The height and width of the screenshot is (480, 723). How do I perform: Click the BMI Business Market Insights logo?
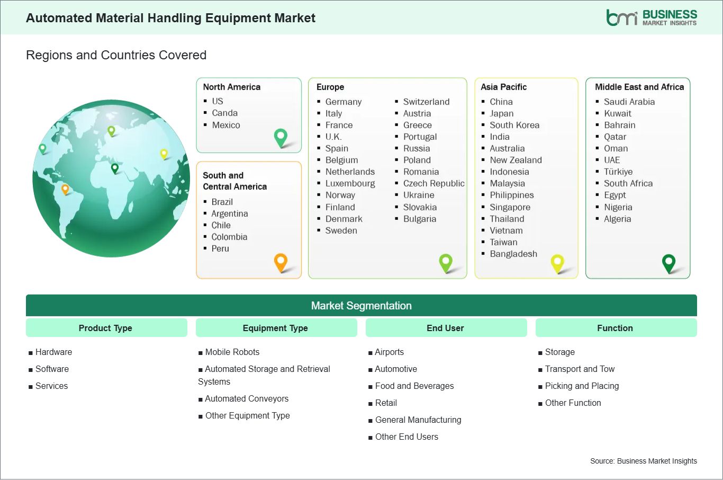point(651,17)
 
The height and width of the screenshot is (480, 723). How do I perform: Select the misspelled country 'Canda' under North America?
point(224,113)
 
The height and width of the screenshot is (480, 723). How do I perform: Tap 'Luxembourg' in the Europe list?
point(350,183)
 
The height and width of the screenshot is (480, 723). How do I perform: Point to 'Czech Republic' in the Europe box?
point(433,183)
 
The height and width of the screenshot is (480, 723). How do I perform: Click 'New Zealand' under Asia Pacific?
point(516,160)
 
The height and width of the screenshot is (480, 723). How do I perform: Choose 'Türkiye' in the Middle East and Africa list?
point(618,172)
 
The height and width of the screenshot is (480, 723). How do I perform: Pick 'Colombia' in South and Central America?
point(229,237)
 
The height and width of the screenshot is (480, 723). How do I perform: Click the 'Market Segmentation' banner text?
point(361,306)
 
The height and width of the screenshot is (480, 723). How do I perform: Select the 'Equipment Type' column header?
point(275,328)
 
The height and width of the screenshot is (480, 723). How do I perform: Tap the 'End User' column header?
point(445,328)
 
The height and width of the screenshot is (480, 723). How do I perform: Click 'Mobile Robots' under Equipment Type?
point(232,352)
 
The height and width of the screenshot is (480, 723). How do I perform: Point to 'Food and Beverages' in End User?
point(414,386)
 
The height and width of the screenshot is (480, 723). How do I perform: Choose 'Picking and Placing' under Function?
point(582,386)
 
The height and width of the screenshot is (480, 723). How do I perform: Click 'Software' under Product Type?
point(52,369)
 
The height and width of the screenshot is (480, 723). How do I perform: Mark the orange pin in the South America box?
point(281,261)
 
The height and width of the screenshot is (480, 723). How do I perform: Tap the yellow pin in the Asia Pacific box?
point(557,262)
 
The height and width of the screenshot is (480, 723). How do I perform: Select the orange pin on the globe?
point(65,189)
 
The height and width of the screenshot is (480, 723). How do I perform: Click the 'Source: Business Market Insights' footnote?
point(643,461)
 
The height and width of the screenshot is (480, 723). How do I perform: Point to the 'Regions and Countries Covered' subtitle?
point(116,55)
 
